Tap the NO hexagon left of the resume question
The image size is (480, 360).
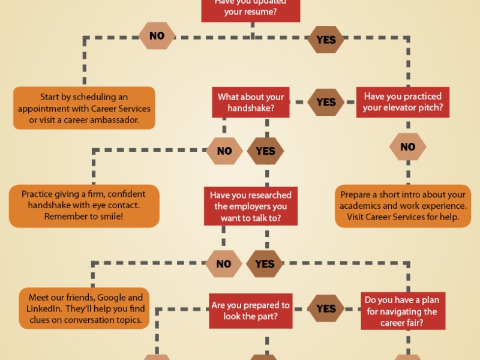[x=157, y=36]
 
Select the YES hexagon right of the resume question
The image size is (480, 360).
[x=326, y=40]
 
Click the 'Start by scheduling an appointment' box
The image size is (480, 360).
[x=84, y=108]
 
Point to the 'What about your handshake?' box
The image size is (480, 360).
[x=251, y=103]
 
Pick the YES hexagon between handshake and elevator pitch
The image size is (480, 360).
[x=326, y=102]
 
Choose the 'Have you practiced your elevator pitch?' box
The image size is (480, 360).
[x=403, y=102]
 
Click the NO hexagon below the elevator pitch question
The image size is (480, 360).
[x=407, y=147]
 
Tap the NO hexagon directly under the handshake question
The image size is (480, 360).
[x=224, y=151]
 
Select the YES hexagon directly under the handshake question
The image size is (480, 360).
[x=265, y=151]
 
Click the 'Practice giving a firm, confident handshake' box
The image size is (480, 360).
[x=84, y=205]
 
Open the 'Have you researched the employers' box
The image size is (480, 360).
[x=251, y=206]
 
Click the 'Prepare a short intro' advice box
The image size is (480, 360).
[x=403, y=206]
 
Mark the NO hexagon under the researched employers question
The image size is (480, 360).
[x=224, y=264]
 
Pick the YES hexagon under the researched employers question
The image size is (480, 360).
[x=265, y=264]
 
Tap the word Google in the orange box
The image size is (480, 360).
[x=111, y=298]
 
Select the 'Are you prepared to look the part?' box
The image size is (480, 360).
[x=250, y=311]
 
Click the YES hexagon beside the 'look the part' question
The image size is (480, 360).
[x=326, y=308]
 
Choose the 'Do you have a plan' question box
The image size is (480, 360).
[x=403, y=311]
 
